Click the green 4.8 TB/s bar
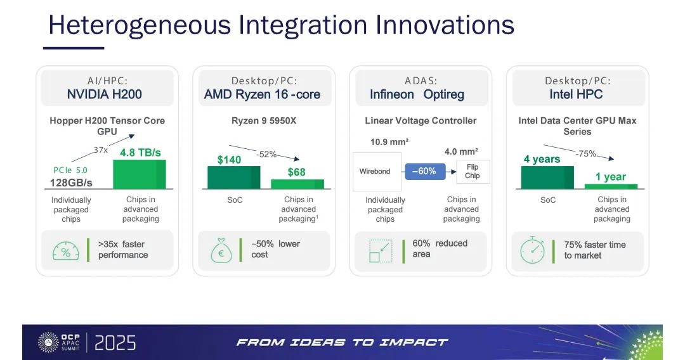click(140, 174)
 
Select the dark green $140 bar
click(233, 177)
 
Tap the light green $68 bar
click(297, 184)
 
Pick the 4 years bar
click(547, 177)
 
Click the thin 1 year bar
click(611, 186)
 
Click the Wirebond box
click(377, 172)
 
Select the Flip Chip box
click(473, 172)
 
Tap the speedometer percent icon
click(66, 251)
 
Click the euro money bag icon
click(221, 250)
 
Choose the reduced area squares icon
click(381, 251)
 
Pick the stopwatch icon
click(533, 250)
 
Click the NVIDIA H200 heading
click(105, 94)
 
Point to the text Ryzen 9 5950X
click(264, 121)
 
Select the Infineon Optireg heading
click(417, 94)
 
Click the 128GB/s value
click(71, 183)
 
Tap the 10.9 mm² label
click(389, 142)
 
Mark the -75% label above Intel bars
click(586, 153)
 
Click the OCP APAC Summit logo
click(59, 342)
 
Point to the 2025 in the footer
click(115, 343)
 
